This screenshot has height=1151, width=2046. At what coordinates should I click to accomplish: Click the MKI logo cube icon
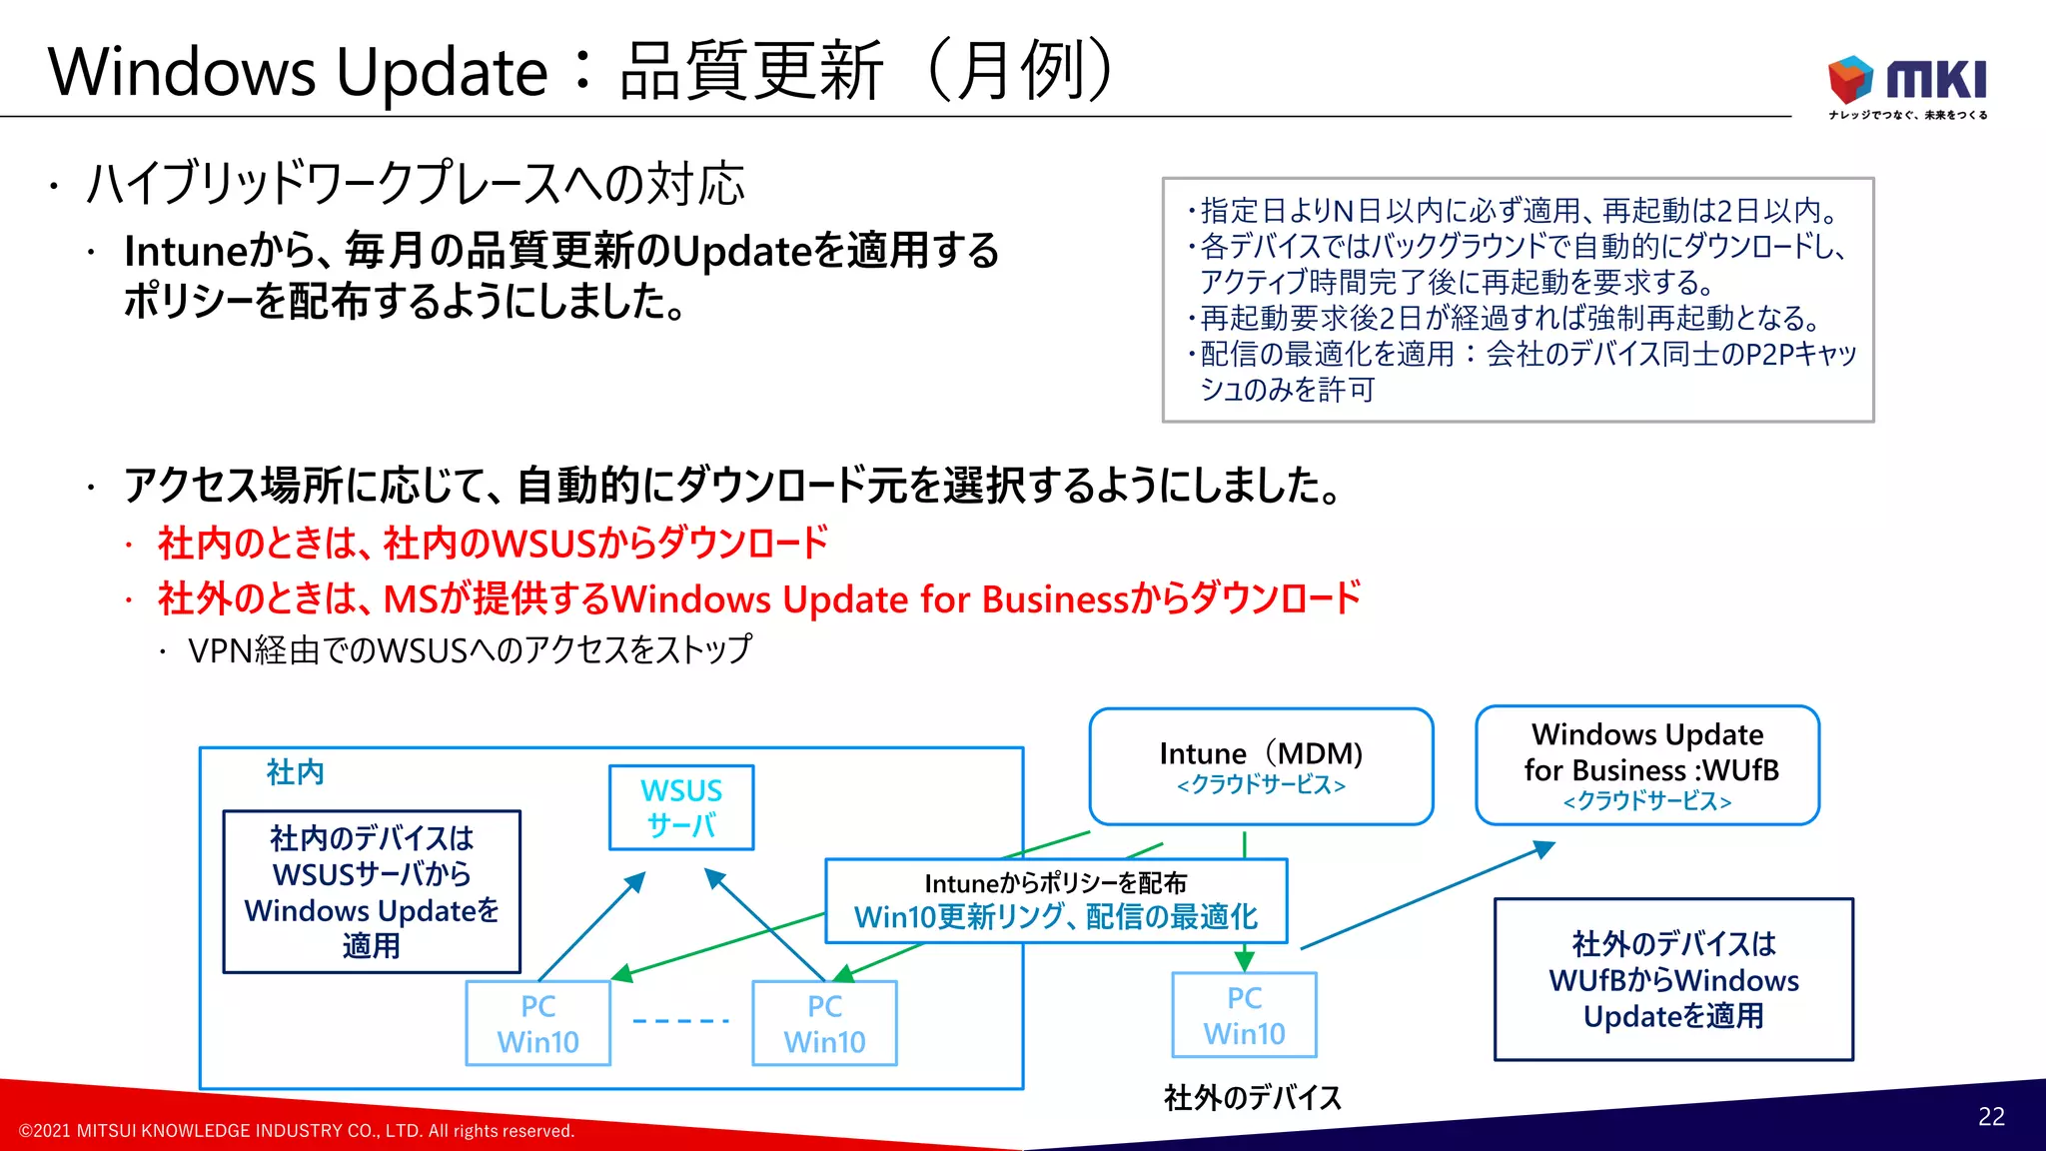[1850, 78]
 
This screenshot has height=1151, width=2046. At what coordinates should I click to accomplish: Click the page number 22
[1990, 1116]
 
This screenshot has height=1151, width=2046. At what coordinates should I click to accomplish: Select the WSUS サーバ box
[681, 807]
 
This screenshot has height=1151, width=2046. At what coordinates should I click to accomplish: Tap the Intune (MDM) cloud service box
[1261, 766]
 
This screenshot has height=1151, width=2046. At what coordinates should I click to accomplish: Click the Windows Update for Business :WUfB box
[1647, 765]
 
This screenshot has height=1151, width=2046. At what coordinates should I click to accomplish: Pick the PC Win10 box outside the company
[1244, 1015]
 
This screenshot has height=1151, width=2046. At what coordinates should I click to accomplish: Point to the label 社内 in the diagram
[295, 772]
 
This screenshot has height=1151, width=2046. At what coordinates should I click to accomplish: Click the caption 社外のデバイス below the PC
[1253, 1098]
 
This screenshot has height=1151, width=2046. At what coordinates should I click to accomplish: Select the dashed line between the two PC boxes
[681, 1021]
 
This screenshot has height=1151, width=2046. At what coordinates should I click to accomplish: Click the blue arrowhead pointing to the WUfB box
[1544, 849]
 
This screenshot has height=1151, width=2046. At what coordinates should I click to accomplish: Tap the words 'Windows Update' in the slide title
[298, 72]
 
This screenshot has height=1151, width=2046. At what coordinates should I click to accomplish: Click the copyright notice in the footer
[297, 1131]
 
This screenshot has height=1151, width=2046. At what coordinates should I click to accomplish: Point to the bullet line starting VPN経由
[470, 650]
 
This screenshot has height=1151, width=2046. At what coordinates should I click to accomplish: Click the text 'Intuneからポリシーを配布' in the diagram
[1055, 883]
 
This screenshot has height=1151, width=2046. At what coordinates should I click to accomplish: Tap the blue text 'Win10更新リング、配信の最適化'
[1055, 917]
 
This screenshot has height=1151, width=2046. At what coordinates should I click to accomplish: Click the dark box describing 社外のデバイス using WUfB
[1673, 979]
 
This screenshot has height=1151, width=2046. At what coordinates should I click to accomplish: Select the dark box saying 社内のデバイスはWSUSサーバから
[372, 891]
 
